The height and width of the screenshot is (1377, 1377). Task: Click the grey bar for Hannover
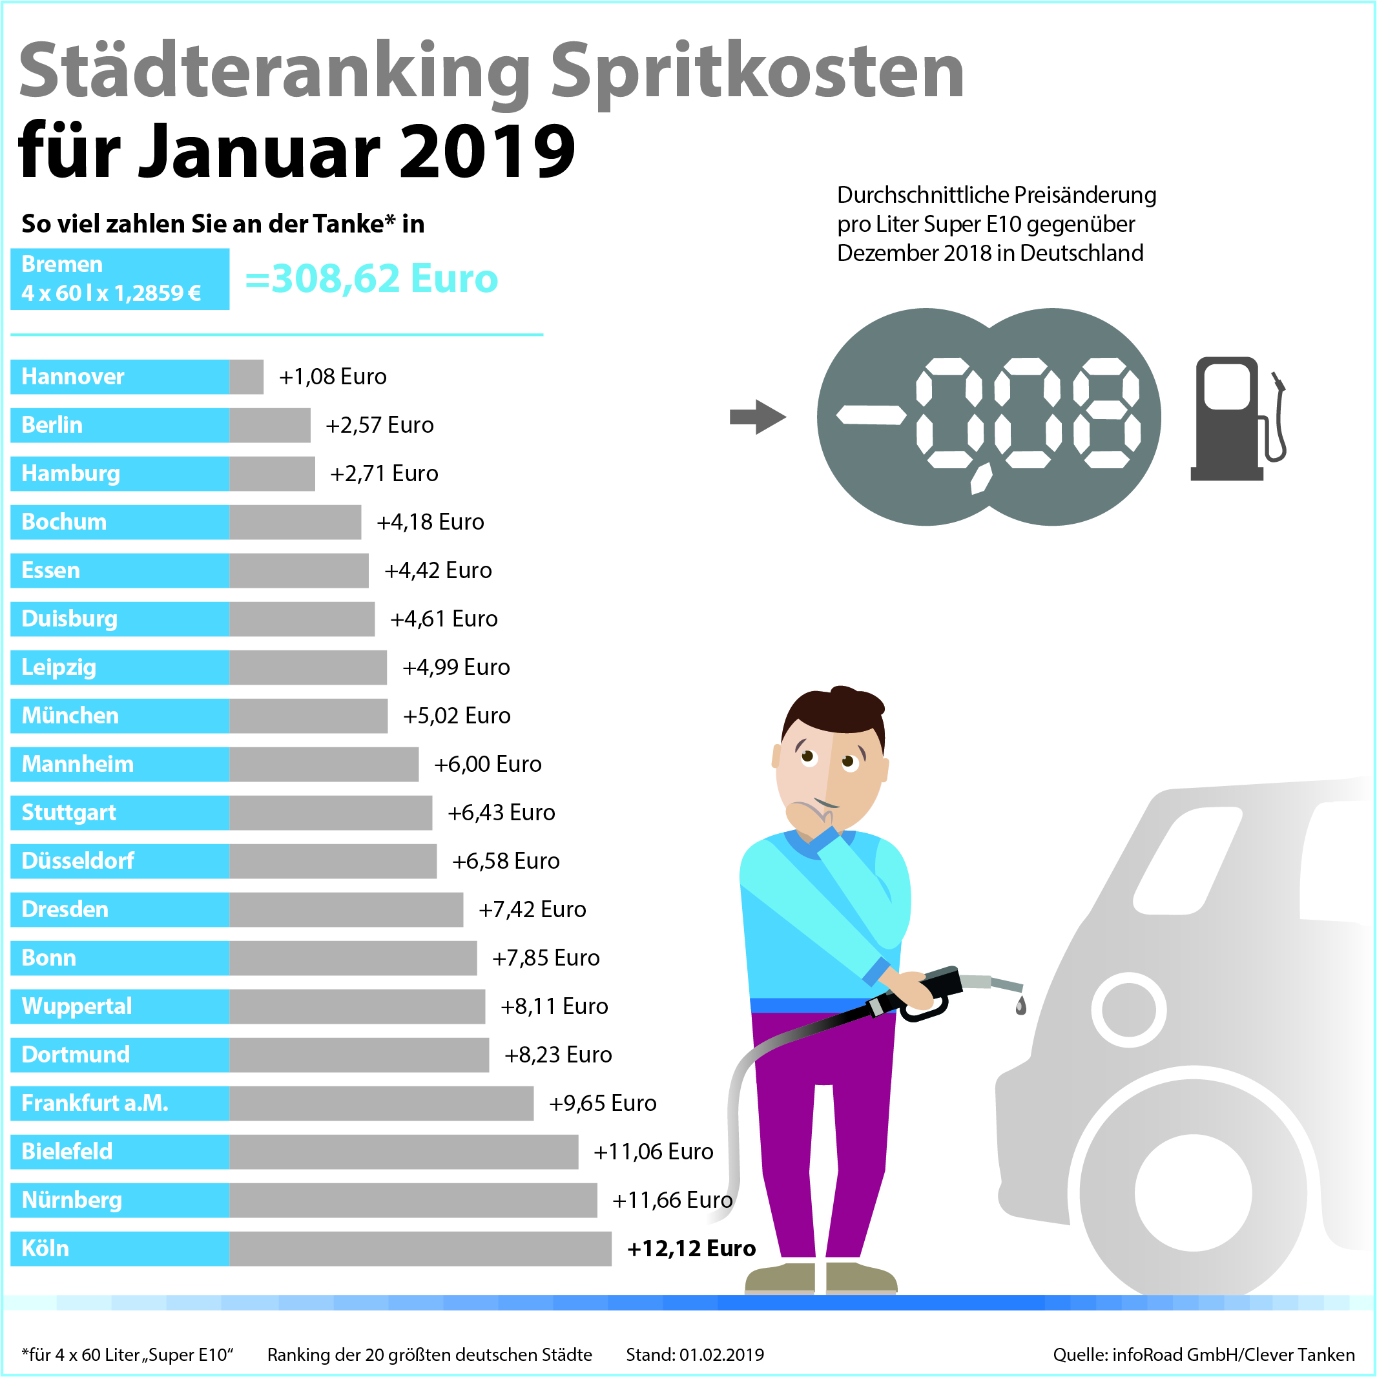[x=246, y=377]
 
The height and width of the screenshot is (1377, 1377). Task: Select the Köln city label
[x=46, y=1248]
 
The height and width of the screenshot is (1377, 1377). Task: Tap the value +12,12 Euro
[x=690, y=1248]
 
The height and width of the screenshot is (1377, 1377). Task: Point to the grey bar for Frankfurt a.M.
[x=380, y=1103]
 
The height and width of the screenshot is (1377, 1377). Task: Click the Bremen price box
[x=119, y=278]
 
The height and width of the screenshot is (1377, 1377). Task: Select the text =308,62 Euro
[x=371, y=278]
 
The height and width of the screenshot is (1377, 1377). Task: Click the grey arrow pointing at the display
[x=757, y=417]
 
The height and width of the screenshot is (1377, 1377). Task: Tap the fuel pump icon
[x=1237, y=419]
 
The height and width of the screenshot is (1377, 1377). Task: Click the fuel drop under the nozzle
[x=1020, y=1005]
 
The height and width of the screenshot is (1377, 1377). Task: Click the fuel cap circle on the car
[x=1128, y=1009]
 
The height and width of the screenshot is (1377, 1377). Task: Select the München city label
[x=70, y=715]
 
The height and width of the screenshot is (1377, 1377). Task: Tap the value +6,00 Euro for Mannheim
[x=488, y=763]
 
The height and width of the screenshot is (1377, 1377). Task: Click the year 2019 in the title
[x=486, y=151]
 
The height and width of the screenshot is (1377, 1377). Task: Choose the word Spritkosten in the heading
[x=757, y=71]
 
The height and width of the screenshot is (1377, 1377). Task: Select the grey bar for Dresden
[x=346, y=909]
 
